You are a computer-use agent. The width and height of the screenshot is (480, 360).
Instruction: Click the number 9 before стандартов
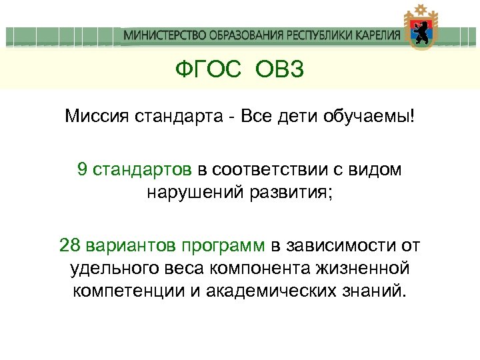[82, 169]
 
